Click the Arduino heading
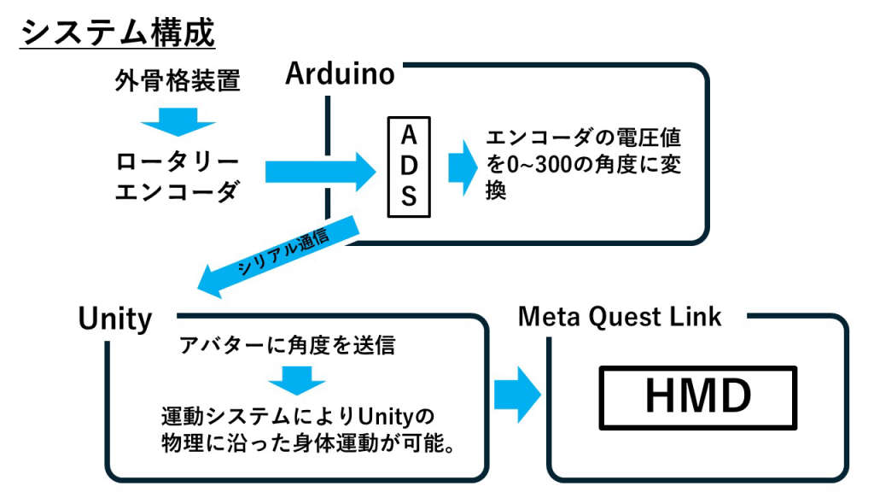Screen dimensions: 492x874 pyautogui.click(x=340, y=74)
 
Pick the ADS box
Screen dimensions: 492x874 pyautogui.click(x=409, y=167)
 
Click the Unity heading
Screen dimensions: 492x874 pyautogui.click(x=114, y=319)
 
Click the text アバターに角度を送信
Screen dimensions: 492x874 pyautogui.click(x=287, y=346)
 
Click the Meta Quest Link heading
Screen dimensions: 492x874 pyautogui.click(x=620, y=317)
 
